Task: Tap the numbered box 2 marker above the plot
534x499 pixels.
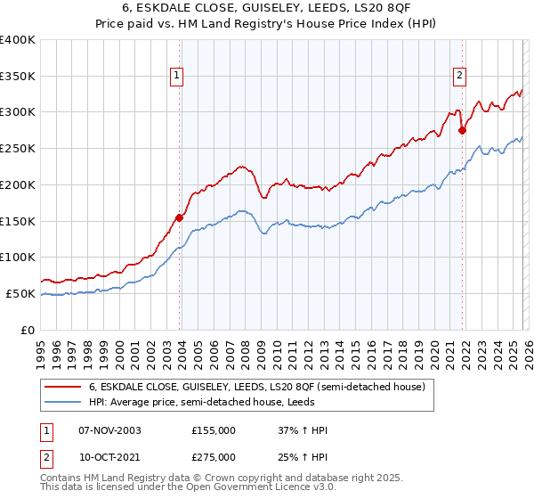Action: pos(460,76)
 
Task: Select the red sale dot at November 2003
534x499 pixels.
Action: pos(180,217)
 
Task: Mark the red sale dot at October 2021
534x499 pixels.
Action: pos(462,130)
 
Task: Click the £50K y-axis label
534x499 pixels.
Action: pos(21,293)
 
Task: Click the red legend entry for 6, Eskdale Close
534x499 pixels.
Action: pos(257,387)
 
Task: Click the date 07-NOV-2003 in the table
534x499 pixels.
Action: pos(109,430)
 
